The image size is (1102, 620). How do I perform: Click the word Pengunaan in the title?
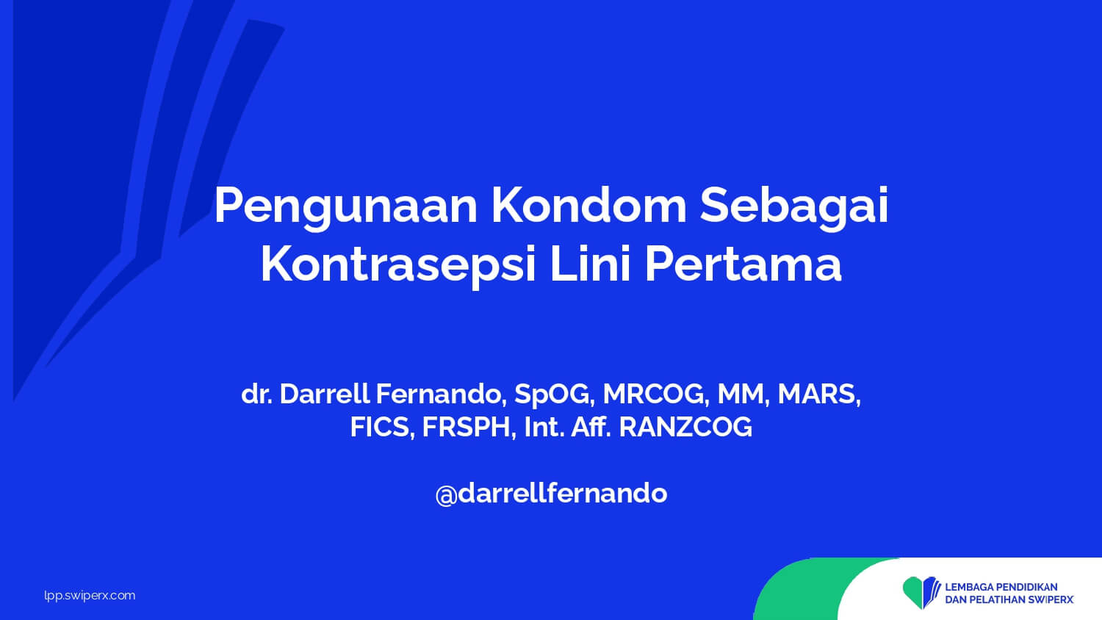(345, 207)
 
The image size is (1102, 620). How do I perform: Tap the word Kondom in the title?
(588, 205)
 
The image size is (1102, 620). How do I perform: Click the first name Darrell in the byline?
(324, 394)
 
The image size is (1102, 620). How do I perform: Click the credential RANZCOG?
(685, 427)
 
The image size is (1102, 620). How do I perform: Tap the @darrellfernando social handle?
(551, 494)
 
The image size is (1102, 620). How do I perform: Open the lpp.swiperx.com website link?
(90, 596)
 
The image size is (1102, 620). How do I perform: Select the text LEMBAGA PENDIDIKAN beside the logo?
(1001, 587)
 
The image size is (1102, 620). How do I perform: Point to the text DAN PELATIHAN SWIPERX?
(1009, 600)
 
